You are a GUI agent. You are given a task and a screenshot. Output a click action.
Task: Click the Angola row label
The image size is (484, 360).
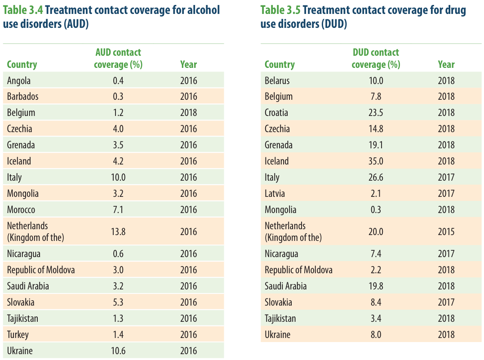pyautogui.click(x=19, y=81)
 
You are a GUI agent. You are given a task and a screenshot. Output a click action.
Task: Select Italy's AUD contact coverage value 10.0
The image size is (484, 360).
pyautogui.click(x=118, y=177)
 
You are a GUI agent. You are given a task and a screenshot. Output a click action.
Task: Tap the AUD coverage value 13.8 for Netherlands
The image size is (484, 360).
pyautogui.click(x=118, y=231)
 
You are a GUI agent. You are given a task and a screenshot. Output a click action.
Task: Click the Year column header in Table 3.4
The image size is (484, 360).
pyautogui.click(x=188, y=64)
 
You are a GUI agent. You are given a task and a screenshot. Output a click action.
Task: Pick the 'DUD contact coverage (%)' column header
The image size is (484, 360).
pyautogui.click(x=376, y=58)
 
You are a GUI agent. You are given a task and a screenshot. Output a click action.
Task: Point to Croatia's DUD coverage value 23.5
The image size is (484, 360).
pyautogui.click(x=376, y=112)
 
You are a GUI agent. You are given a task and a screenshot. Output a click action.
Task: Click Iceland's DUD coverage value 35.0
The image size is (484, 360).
pyautogui.click(x=376, y=161)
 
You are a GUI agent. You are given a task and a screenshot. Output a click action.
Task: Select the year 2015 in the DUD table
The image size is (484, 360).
pyautogui.click(x=446, y=231)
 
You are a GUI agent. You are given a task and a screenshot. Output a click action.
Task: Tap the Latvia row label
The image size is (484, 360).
pyautogui.click(x=275, y=194)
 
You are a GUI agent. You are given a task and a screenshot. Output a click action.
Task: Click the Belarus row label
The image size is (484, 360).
pyautogui.click(x=277, y=80)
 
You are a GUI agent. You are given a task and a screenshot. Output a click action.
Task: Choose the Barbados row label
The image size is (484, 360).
pyautogui.click(x=22, y=96)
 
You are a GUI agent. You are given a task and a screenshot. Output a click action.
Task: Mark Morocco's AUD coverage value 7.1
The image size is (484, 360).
pyautogui.click(x=118, y=209)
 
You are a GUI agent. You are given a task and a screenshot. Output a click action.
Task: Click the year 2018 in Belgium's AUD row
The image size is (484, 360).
pyautogui.click(x=188, y=112)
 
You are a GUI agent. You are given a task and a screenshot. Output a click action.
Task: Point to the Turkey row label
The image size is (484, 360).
pyautogui.click(x=18, y=335)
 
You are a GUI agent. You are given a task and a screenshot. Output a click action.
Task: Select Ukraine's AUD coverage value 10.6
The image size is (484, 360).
pyautogui.click(x=118, y=351)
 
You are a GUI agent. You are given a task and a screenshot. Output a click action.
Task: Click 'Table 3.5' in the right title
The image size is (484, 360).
pyautogui.click(x=280, y=10)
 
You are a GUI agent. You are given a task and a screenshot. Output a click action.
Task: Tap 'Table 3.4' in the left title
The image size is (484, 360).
pyautogui.click(x=23, y=10)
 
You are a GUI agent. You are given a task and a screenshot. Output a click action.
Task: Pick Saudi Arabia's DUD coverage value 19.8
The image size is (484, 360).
pyautogui.click(x=376, y=286)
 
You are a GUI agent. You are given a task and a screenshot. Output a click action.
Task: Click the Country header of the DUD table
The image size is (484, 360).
pyautogui.click(x=280, y=64)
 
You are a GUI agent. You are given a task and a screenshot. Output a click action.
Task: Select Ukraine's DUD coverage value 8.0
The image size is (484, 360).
pyautogui.click(x=376, y=335)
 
